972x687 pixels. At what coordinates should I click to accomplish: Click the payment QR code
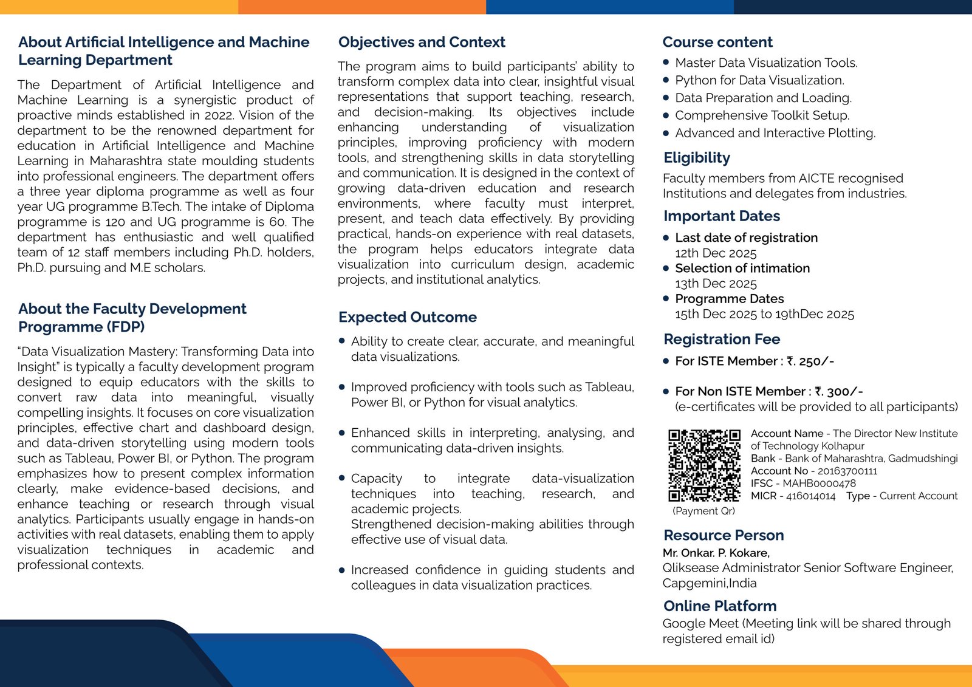click(704, 465)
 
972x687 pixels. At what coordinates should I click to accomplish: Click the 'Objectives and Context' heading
click(422, 42)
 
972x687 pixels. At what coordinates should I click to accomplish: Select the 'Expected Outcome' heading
click(407, 317)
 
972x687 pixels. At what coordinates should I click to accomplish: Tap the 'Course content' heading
click(717, 42)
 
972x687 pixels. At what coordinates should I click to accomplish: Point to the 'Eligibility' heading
click(697, 158)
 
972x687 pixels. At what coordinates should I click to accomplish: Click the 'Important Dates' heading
click(722, 216)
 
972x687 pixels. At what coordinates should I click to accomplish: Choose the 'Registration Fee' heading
click(722, 339)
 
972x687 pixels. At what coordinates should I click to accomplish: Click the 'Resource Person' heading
click(724, 535)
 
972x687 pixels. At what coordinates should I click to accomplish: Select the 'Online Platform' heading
click(720, 606)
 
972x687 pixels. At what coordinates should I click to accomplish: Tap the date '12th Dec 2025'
click(716, 253)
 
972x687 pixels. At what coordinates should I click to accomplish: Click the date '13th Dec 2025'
click(716, 284)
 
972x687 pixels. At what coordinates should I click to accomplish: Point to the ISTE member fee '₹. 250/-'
click(810, 361)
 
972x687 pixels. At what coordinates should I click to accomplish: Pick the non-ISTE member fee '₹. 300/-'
click(839, 392)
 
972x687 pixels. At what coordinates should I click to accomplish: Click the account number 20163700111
click(847, 471)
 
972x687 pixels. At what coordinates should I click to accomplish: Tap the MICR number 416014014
click(810, 496)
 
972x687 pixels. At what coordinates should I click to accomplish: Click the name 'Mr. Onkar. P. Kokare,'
click(716, 553)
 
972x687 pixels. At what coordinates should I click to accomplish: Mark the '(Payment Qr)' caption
click(703, 511)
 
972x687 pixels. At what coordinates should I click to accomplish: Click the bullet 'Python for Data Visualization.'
click(759, 80)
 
